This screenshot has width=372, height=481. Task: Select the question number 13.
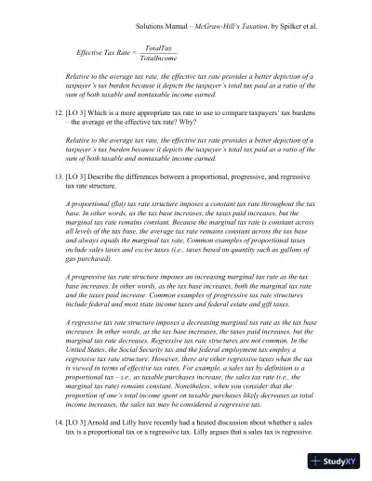[58, 178]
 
